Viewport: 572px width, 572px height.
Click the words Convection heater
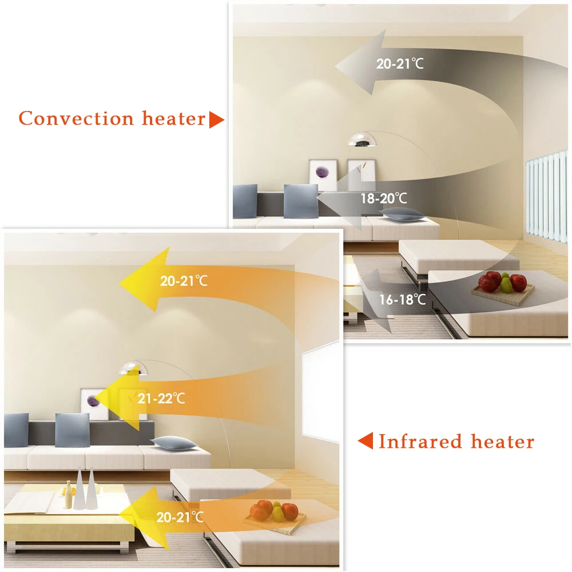click(112, 119)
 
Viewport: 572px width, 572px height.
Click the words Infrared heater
click(456, 442)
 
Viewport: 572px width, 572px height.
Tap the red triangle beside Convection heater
click(216, 120)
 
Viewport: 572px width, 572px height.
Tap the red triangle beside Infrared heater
click(366, 441)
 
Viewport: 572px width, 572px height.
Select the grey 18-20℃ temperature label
click(384, 199)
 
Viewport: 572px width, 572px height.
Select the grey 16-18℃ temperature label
click(403, 299)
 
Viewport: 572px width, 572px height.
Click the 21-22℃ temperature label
click(161, 398)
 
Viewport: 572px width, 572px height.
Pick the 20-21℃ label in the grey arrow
click(400, 63)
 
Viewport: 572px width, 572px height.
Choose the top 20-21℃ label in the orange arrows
click(184, 281)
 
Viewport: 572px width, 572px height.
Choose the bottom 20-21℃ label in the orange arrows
click(180, 518)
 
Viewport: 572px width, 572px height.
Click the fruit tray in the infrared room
click(275, 514)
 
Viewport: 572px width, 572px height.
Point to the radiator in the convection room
click(546, 197)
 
